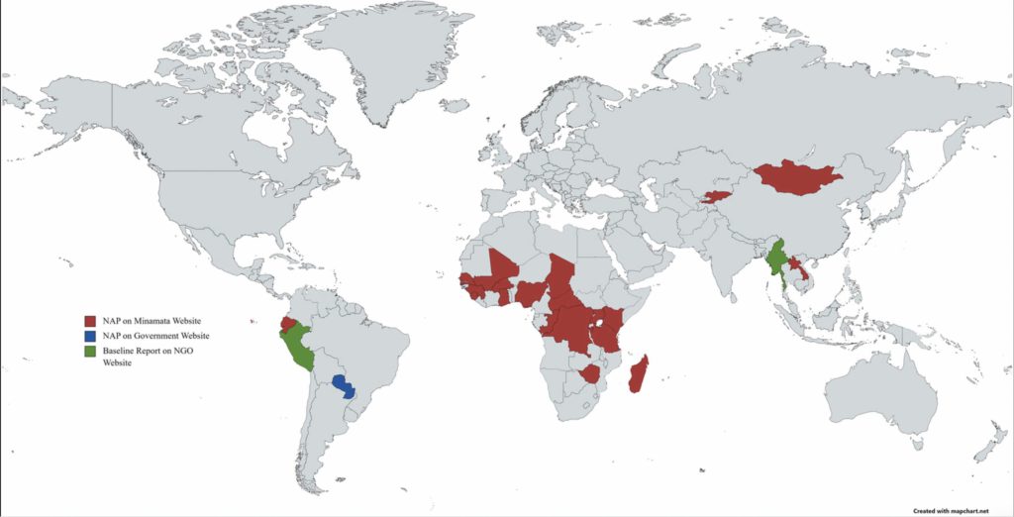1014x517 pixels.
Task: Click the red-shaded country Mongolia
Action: (797, 178)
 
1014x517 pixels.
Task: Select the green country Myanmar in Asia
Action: (778, 259)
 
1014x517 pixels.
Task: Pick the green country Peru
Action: (295, 347)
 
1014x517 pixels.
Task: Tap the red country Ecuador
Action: (286, 323)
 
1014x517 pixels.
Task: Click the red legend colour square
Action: (89, 322)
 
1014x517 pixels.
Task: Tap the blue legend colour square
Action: (89, 337)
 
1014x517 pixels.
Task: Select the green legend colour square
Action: (89, 352)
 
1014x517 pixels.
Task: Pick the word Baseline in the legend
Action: (120, 352)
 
